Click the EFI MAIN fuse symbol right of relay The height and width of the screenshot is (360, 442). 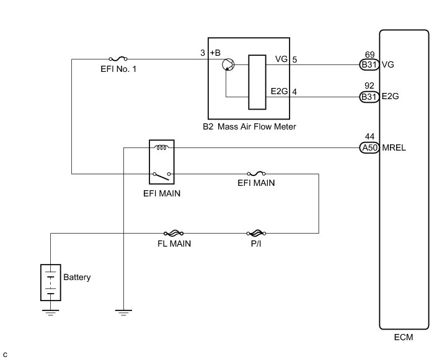tap(257, 174)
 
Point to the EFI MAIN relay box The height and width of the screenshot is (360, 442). tap(162, 162)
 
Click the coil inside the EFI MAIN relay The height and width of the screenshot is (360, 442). tap(162, 148)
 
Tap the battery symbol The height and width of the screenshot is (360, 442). tap(50, 283)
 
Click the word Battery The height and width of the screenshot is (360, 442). tap(77, 277)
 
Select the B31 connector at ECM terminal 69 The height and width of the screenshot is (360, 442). tap(368, 64)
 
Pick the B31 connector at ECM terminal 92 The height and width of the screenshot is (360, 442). tap(368, 96)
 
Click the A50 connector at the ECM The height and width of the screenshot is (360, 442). tap(368, 147)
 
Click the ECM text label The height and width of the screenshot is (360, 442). tap(403, 338)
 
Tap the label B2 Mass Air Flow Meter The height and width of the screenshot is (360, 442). tap(249, 127)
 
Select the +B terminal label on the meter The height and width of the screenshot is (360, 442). tap(215, 53)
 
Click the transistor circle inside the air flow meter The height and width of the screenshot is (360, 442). tap(228, 64)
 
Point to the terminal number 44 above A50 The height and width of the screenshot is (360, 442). tap(371, 137)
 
